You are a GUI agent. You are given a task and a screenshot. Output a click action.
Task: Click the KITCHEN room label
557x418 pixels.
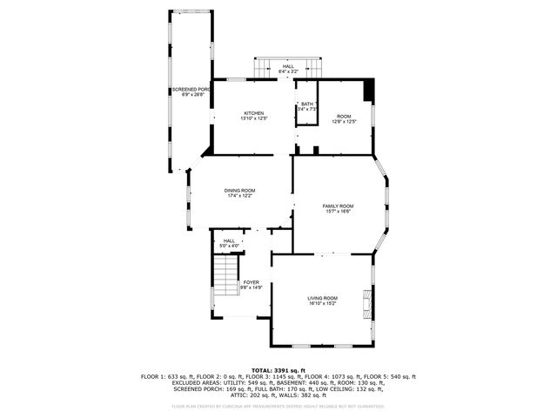(x=254, y=113)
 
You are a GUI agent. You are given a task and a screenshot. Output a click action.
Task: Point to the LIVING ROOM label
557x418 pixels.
(x=323, y=299)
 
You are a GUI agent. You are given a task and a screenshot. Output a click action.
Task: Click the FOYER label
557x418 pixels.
(x=252, y=282)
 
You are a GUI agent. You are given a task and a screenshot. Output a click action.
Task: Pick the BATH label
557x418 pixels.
(x=308, y=104)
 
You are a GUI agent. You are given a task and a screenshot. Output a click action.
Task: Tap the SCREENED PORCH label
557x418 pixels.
(x=191, y=89)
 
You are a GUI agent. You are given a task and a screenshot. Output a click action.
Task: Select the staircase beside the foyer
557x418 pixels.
(x=227, y=276)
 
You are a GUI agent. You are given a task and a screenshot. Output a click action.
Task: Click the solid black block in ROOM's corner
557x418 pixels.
(x=368, y=90)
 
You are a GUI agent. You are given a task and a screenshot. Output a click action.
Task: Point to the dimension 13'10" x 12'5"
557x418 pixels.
(x=254, y=118)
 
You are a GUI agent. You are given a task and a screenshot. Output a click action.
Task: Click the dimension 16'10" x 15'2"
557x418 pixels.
(x=323, y=304)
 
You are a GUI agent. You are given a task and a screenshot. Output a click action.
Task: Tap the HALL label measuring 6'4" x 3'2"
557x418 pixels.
(x=288, y=66)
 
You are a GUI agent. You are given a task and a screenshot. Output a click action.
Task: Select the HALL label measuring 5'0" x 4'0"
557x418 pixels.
(x=229, y=241)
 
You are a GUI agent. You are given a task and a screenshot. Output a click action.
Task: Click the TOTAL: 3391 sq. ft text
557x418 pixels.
(x=278, y=370)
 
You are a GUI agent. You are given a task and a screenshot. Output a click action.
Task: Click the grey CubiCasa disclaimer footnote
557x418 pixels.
(x=278, y=406)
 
